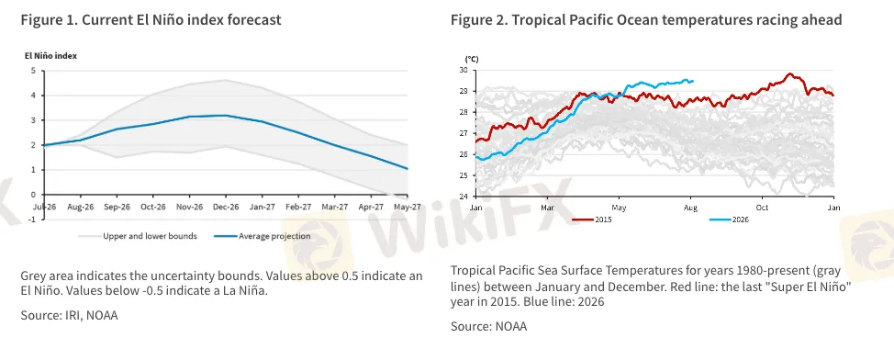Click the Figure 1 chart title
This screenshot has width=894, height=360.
coord(151,20)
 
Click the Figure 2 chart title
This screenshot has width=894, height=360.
coord(646,20)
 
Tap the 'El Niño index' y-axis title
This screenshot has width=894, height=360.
coord(50,56)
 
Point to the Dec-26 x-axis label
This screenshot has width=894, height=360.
coord(226,208)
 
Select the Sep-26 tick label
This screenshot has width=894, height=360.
coord(117,208)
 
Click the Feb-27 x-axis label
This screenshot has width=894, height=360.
coord(298,208)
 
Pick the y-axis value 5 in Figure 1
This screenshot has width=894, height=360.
coord(33,71)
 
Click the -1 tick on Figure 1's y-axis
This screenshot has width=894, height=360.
coord(32,219)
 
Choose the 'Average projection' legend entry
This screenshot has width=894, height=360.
coord(263,236)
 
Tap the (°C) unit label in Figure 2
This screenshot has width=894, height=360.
coord(472,59)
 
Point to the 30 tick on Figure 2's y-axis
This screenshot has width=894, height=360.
coord(463,70)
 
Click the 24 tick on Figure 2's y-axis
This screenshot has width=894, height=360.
coord(463,197)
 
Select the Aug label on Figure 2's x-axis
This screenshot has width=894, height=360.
coord(690,208)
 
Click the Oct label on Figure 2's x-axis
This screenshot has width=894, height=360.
coord(763,208)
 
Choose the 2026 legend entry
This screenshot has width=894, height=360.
coord(729,219)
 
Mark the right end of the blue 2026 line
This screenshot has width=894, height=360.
coord(693,81)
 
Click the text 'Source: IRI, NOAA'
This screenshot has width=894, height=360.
coord(70,315)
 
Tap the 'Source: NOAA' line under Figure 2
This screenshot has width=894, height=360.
coord(488,326)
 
